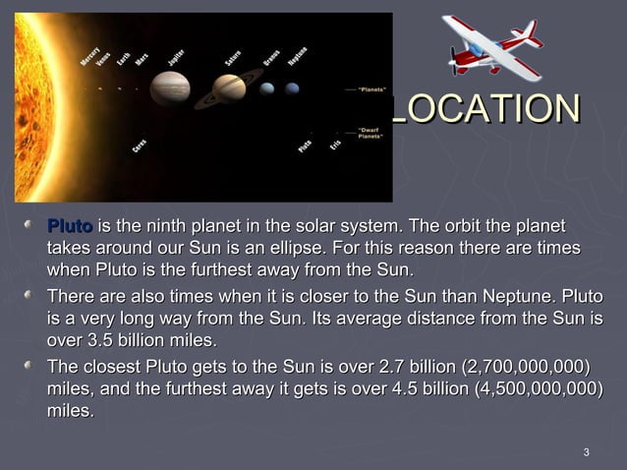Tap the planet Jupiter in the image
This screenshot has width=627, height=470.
pyautogui.click(x=169, y=88)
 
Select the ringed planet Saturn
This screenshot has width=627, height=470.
pyautogui.click(x=229, y=88)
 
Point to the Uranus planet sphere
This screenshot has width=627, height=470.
pyautogui.click(x=267, y=88)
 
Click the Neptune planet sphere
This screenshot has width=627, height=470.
pyautogui.click(x=292, y=88)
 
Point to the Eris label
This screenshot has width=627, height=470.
pyautogui.click(x=335, y=144)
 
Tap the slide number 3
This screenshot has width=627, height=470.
pyautogui.click(x=586, y=452)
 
